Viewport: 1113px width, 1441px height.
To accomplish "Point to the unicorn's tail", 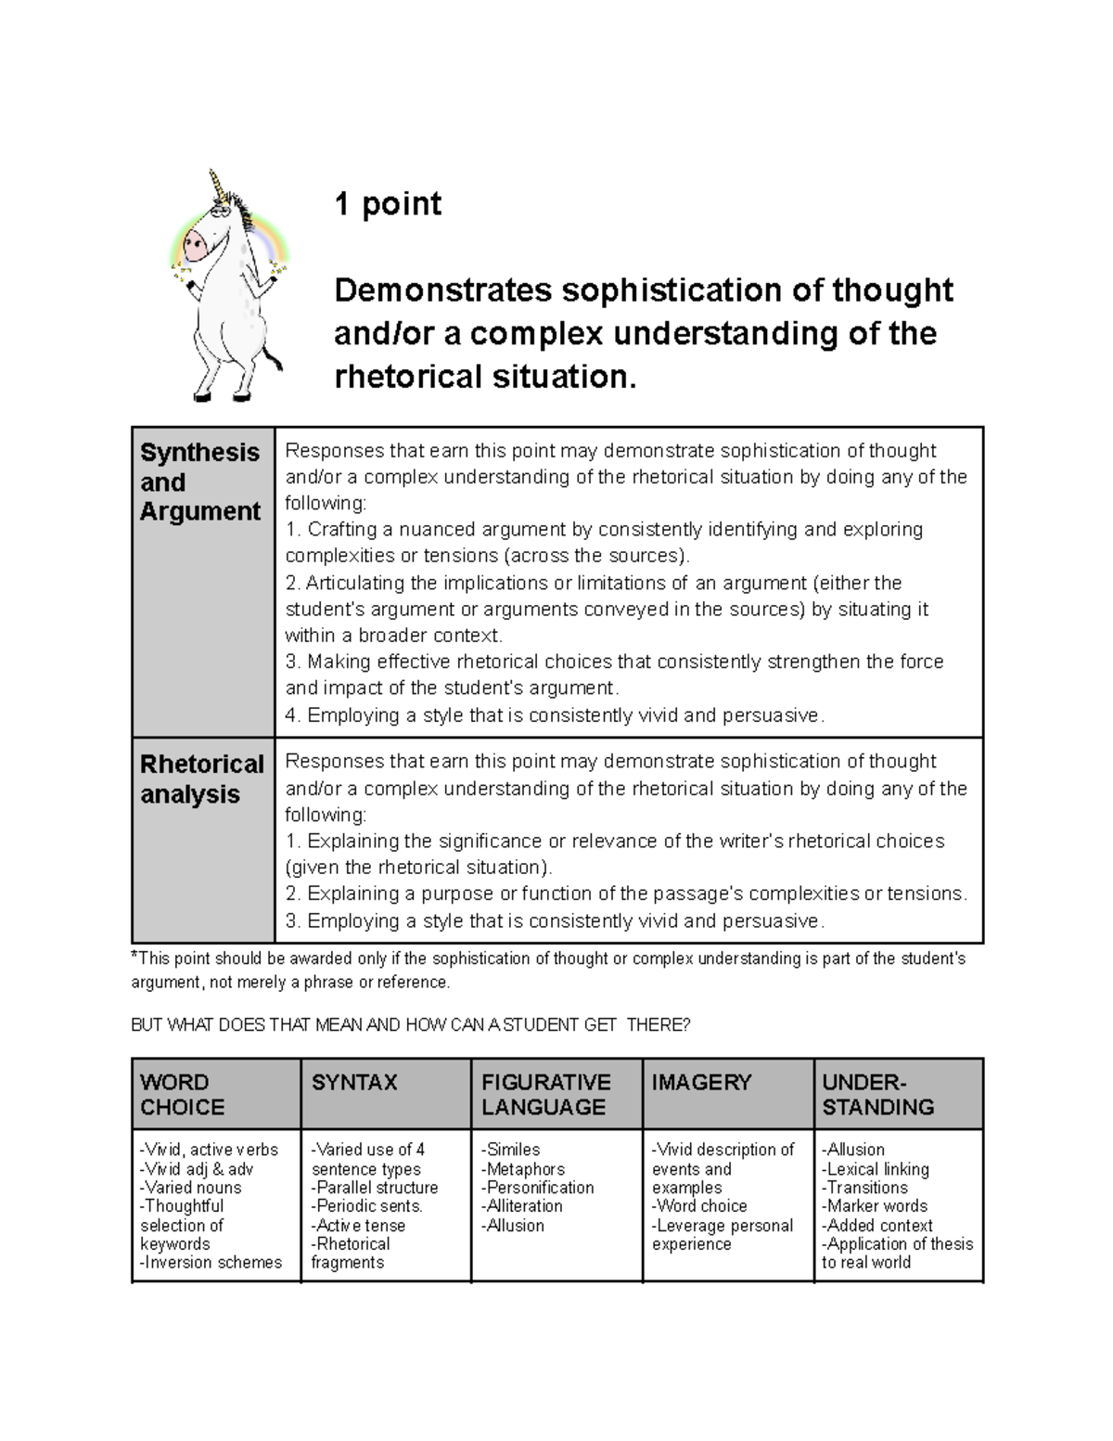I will (x=272, y=356).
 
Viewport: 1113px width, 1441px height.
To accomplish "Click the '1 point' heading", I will (x=388, y=203).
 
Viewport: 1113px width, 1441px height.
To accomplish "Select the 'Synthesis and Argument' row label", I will (x=199, y=482).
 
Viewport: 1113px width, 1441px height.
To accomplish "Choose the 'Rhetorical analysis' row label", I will (x=201, y=778).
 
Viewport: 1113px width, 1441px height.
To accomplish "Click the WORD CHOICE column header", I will (x=182, y=1094).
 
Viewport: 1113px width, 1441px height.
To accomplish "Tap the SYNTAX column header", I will (x=354, y=1082).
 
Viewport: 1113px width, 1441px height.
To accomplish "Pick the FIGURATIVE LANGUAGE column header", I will (x=545, y=1094).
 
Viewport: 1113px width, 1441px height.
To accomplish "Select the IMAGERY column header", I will (x=701, y=1082).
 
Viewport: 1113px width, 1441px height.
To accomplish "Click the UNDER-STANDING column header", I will (x=877, y=1094).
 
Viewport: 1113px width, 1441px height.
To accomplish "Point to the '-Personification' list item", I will (x=537, y=1188).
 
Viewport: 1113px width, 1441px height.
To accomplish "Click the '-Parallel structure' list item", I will (x=375, y=1188).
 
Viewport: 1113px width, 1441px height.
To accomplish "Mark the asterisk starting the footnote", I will (x=134, y=956).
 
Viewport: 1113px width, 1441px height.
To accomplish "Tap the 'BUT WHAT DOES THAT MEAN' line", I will (x=410, y=1025).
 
